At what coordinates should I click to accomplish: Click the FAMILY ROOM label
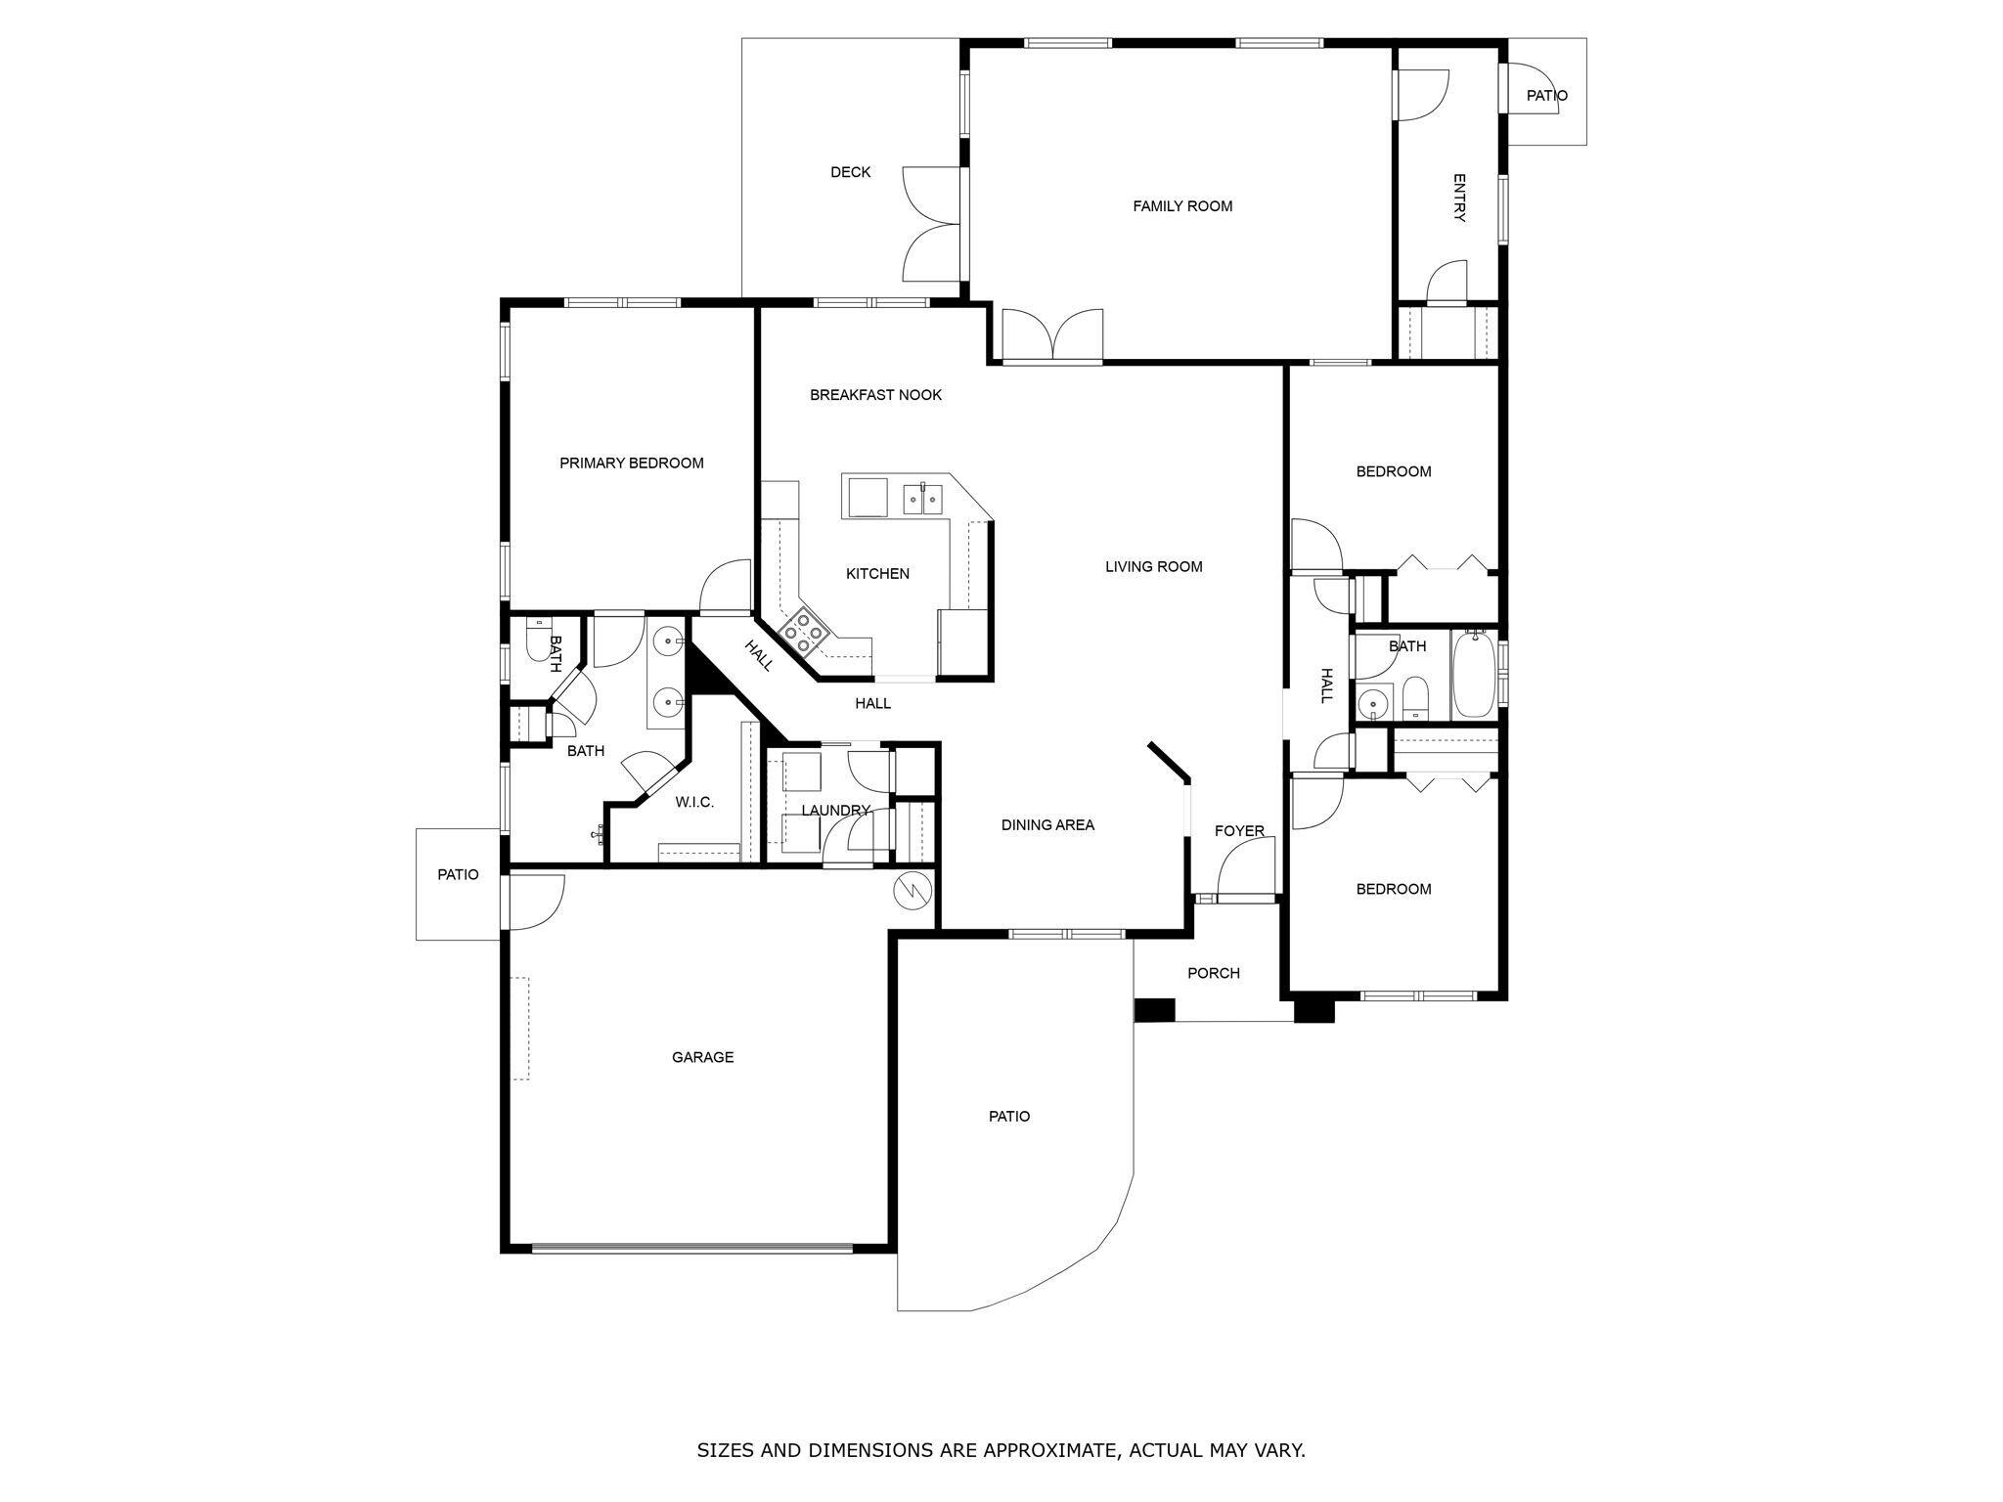(x=1181, y=206)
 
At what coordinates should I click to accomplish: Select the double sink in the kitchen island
(x=922, y=500)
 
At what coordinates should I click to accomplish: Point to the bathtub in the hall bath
(x=1472, y=676)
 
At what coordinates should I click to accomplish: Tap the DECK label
(x=850, y=172)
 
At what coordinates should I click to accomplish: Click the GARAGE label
(x=702, y=1057)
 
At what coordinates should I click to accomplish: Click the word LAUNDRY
(x=834, y=811)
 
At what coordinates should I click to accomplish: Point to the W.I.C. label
(x=693, y=803)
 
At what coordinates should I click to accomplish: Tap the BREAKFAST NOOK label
(x=875, y=395)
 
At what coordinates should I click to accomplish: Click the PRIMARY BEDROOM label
(x=631, y=464)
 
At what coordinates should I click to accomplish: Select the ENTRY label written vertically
(x=1459, y=199)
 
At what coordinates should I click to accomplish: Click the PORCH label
(x=1213, y=973)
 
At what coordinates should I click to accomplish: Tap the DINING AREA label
(x=1046, y=825)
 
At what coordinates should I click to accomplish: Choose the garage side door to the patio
(x=533, y=902)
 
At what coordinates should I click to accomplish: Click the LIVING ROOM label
(x=1153, y=567)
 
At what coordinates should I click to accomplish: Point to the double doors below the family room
(x=1052, y=335)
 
